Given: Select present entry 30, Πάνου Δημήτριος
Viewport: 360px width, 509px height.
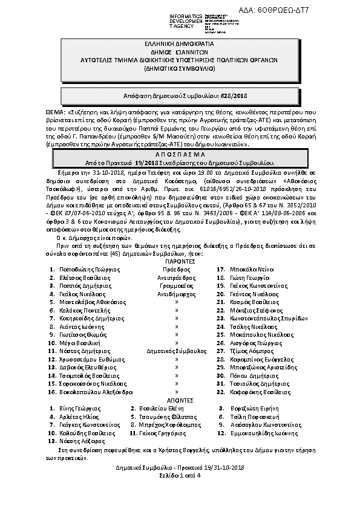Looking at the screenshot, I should click(253, 375).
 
